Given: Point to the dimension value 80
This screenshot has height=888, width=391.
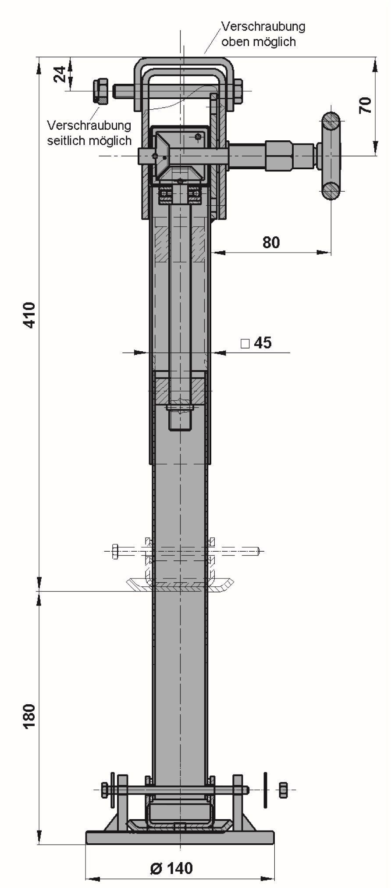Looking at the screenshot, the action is tap(271, 242).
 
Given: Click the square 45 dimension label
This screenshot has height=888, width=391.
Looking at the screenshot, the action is tap(256, 342).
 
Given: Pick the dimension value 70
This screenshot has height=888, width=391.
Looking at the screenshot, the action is tap(365, 105).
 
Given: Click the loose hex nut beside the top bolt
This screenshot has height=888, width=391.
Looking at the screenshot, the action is tap(101, 91).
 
